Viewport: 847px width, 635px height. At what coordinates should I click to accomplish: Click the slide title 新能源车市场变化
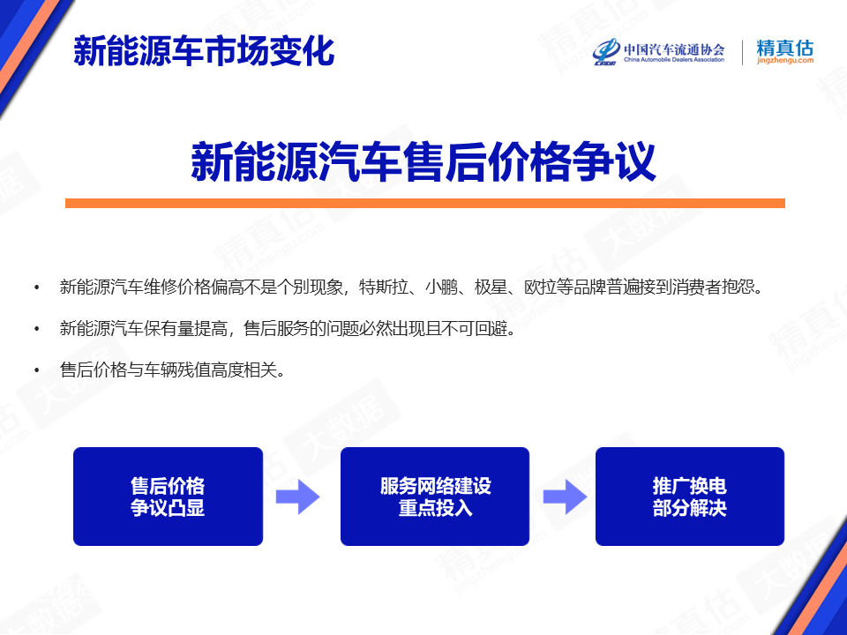click(x=204, y=51)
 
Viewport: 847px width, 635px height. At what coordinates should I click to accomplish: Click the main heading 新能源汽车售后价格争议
click(x=423, y=161)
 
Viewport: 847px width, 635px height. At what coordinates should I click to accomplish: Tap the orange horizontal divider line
click(x=425, y=203)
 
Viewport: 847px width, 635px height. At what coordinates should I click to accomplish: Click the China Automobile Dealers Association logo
click(x=658, y=52)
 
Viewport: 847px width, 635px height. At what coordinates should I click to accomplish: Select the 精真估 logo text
click(x=785, y=48)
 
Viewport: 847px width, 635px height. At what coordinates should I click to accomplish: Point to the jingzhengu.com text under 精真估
click(x=785, y=61)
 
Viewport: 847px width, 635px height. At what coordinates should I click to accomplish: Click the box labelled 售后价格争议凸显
click(x=168, y=497)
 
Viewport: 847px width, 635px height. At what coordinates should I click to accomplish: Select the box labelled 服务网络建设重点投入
click(x=435, y=497)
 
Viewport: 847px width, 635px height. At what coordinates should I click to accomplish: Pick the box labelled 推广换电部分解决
click(x=690, y=497)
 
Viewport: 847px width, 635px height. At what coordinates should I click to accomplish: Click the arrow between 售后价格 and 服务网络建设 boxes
click(x=297, y=497)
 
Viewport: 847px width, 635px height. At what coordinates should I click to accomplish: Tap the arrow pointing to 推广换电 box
click(x=565, y=497)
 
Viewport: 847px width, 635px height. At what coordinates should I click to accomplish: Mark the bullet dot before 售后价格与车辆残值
click(x=37, y=370)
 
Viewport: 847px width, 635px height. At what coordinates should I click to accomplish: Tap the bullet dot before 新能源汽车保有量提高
click(x=37, y=328)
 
